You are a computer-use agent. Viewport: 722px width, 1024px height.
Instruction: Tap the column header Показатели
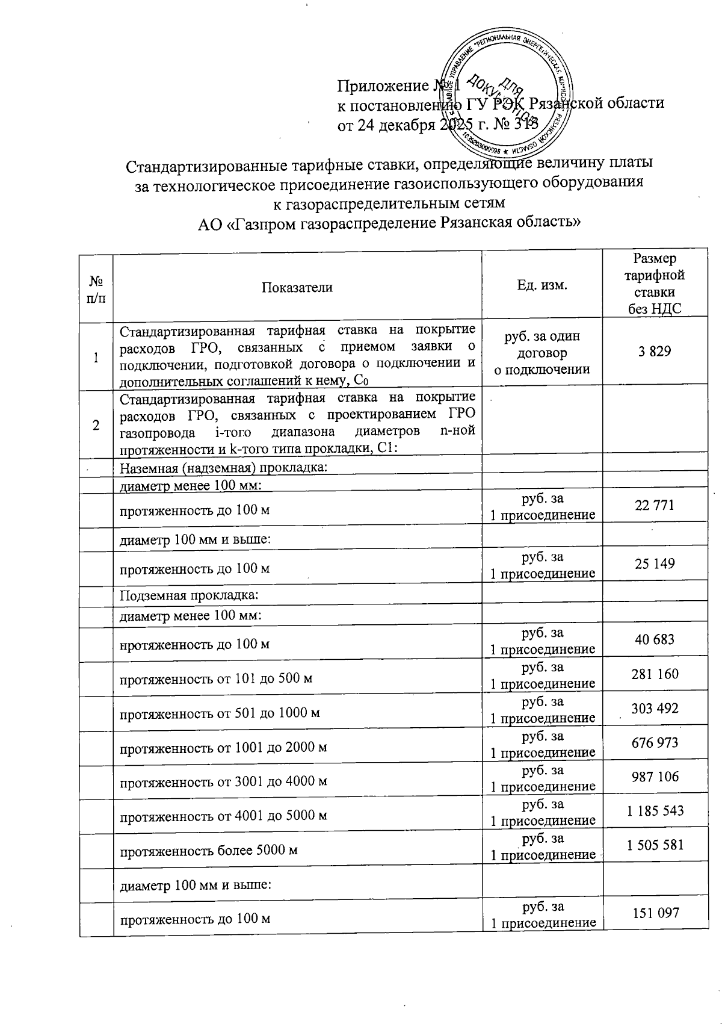[x=297, y=287]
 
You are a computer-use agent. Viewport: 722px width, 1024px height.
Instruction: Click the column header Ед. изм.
[x=541, y=284]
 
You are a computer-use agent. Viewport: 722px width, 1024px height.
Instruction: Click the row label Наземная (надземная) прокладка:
[x=223, y=468]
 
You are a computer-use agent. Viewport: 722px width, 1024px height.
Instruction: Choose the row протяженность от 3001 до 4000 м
[x=223, y=781]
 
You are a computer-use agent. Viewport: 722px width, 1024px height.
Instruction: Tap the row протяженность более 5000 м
[x=209, y=851]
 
